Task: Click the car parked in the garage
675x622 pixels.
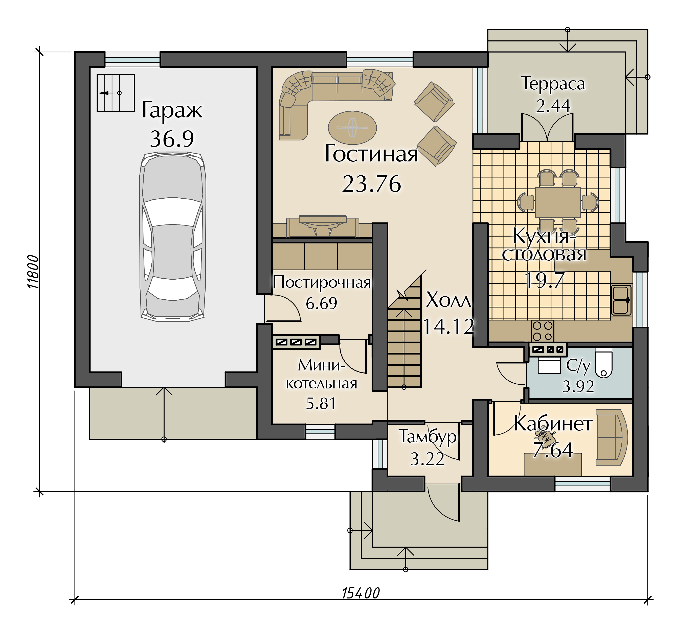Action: [x=172, y=237]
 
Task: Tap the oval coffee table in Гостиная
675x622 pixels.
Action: [x=352, y=128]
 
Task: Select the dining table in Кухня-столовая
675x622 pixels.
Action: [x=558, y=202]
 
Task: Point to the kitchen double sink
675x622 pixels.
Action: [x=621, y=300]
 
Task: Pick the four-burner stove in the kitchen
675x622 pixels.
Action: [x=543, y=331]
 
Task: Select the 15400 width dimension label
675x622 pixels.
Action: [x=361, y=593]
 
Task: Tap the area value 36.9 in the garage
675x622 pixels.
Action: [x=172, y=139]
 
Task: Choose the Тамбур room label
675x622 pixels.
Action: [x=427, y=437]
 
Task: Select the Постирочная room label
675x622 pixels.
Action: [x=322, y=282]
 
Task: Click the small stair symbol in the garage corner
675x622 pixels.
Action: [x=116, y=93]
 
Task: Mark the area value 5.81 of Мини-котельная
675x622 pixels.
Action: [x=321, y=403]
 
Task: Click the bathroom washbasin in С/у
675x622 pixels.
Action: [x=549, y=365]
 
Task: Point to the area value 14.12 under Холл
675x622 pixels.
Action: [x=448, y=326]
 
